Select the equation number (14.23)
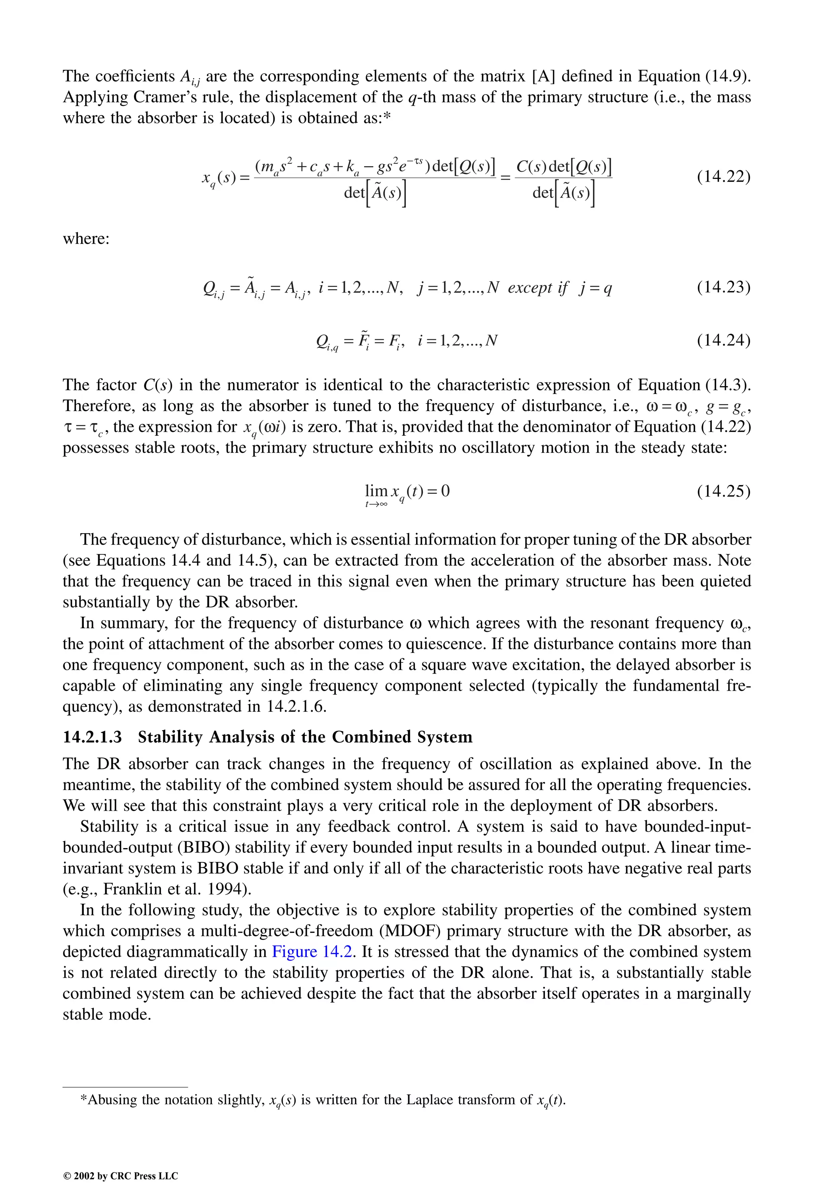(723, 287)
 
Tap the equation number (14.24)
(723, 340)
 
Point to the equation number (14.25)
(723, 491)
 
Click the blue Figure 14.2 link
(312, 951)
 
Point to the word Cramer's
(159, 97)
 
